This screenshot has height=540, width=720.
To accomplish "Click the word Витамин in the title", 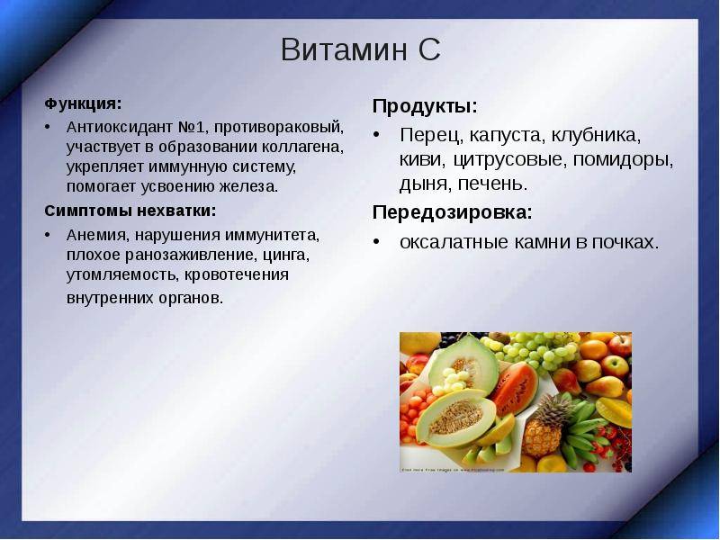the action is pos(344,49).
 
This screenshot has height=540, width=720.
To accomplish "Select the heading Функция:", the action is pos(83,104).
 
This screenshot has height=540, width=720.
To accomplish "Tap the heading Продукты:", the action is pos(425,106).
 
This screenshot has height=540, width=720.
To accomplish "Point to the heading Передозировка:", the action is pos(453,212).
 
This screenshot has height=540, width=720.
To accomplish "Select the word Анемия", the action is pos(96,235).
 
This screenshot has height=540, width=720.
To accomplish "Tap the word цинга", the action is pos(286,255).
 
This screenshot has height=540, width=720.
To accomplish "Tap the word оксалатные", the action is pos(454,242).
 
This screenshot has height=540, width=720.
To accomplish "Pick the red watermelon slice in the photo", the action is pos(515,388).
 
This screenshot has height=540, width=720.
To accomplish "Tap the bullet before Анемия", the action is pos(48,235).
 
